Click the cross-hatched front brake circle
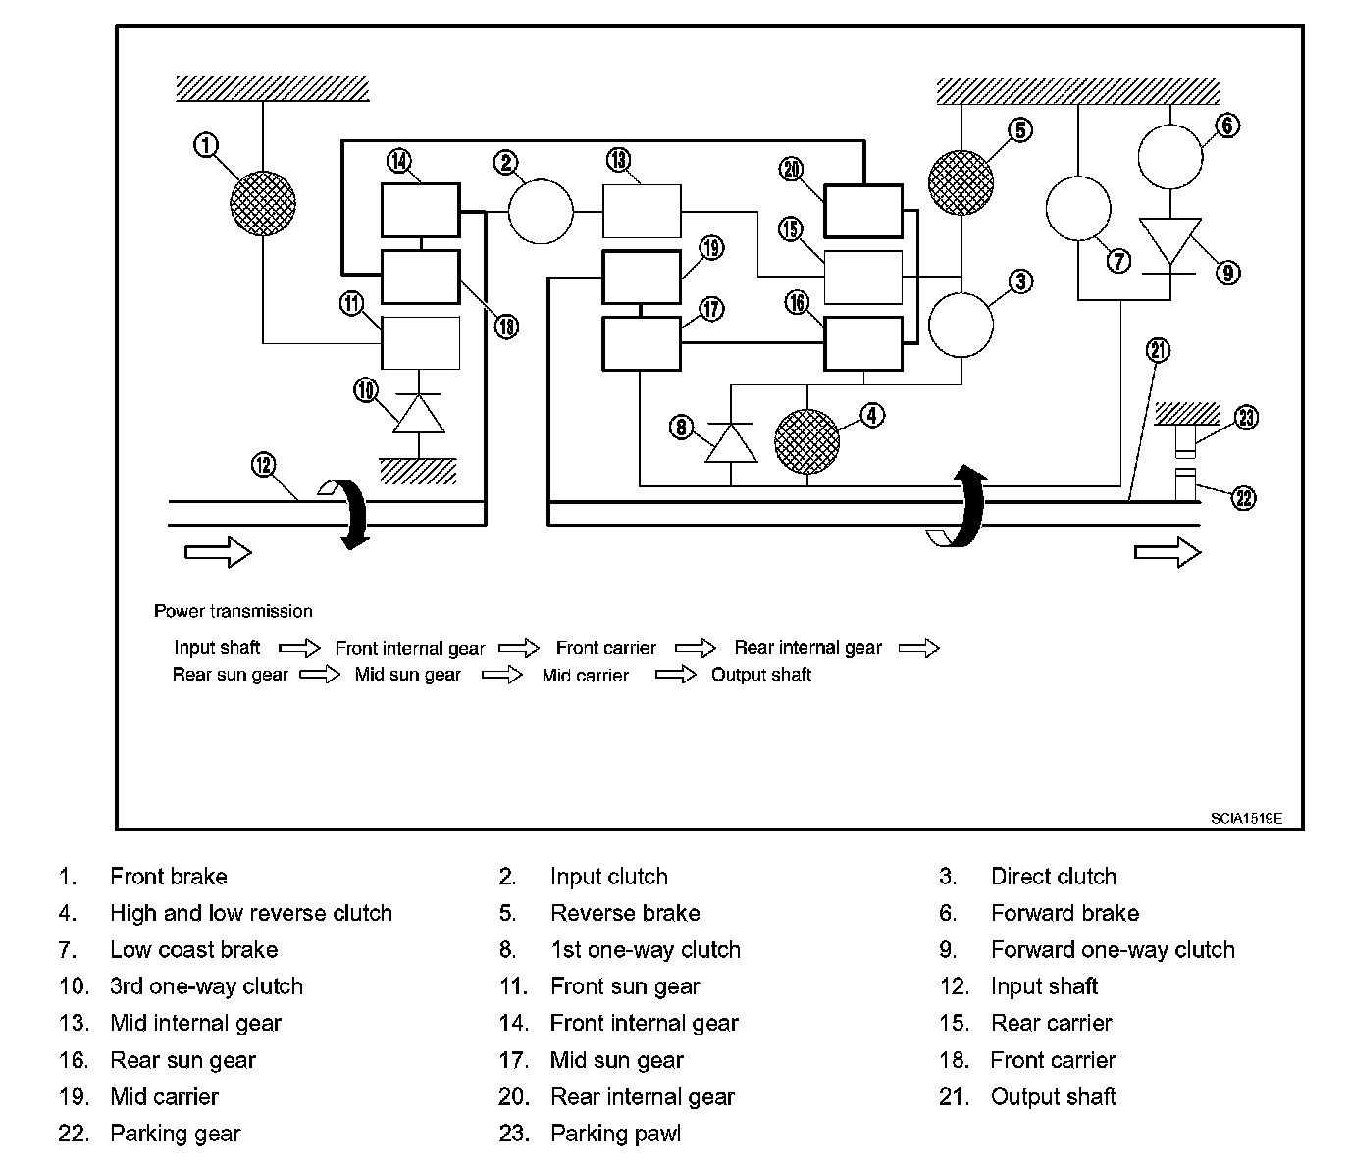pos(263,203)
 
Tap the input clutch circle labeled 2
pos(541,212)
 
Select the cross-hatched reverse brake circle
pos(961,182)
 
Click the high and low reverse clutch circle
pos(807,442)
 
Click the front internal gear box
pos(421,210)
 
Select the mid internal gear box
pos(642,211)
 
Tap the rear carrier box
pos(862,278)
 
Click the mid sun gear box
pos(642,343)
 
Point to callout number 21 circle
pos(1158,350)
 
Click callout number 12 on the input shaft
pos(263,465)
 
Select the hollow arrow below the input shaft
pos(218,552)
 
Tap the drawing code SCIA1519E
pos(1246,818)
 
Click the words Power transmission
pos(234,611)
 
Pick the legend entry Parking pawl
pos(615,1133)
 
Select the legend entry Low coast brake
pos(194,949)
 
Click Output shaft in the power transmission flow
pos(761,675)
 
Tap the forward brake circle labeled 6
pos(1170,157)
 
